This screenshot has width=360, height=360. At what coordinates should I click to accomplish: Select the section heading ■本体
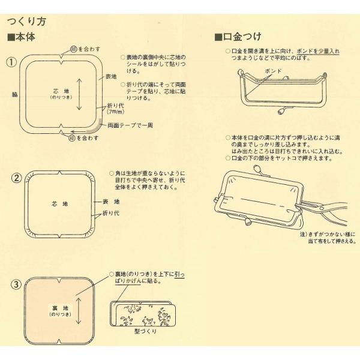(22, 37)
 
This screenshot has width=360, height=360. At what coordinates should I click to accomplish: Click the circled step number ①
(10, 62)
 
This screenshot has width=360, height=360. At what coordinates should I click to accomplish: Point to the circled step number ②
(17, 178)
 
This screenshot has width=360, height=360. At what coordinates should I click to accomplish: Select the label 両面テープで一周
(129, 126)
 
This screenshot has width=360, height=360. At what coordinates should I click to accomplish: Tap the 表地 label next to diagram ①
(111, 77)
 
